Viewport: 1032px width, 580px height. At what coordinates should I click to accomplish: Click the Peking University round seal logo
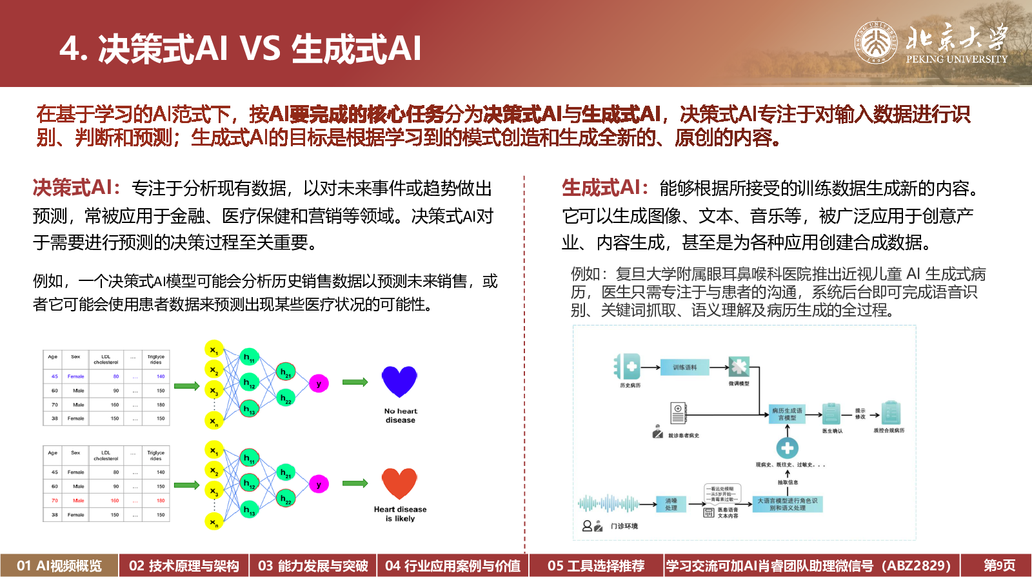[x=876, y=43]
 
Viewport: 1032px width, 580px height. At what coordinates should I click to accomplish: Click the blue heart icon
[x=399, y=381]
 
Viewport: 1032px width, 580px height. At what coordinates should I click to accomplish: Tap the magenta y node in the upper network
[x=319, y=383]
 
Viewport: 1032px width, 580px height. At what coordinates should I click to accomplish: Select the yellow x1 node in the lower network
[x=213, y=450]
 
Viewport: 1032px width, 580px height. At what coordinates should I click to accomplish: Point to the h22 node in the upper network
[x=286, y=398]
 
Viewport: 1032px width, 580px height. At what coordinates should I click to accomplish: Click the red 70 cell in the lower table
[x=55, y=500]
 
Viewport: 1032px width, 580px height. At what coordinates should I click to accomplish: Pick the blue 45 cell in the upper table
[x=55, y=376]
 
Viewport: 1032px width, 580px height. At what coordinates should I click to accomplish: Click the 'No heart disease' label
[x=401, y=416]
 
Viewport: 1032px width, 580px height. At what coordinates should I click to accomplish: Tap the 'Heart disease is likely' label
[x=400, y=514]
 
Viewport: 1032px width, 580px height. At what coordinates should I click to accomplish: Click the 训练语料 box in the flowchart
[x=684, y=367]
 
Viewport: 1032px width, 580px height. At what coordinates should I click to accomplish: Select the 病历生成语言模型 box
[x=787, y=414]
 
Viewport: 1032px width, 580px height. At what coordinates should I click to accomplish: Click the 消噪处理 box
[x=671, y=504]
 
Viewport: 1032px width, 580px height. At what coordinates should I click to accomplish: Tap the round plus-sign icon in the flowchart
[x=787, y=447]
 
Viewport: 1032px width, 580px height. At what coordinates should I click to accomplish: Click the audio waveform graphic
[x=608, y=503]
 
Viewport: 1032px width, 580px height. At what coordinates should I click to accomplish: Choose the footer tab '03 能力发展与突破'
[x=313, y=566]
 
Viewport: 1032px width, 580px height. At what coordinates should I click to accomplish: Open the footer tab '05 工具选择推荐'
[x=596, y=566]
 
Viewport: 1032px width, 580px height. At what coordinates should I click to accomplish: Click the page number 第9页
[x=999, y=566]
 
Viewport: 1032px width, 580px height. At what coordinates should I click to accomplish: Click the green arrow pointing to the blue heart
[x=355, y=382]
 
